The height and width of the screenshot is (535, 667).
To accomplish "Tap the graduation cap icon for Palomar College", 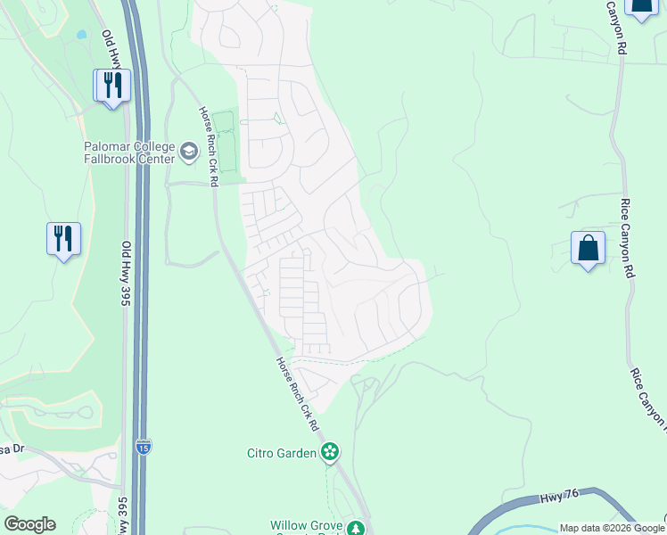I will (x=188, y=152).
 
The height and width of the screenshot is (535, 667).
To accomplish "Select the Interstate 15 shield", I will (x=144, y=446).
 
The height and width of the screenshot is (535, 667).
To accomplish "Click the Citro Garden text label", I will (x=282, y=453).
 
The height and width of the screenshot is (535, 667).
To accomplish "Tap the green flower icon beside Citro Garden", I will (x=330, y=452).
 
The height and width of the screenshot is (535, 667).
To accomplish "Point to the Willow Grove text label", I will (x=307, y=527).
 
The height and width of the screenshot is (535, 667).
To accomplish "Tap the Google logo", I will (x=29, y=524).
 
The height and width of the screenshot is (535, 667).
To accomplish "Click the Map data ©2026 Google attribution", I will (x=612, y=528).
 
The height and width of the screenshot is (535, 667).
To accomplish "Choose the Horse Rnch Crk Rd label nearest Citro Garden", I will (x=297, y=391).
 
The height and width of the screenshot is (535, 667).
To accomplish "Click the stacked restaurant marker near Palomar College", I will (x=113, y=86).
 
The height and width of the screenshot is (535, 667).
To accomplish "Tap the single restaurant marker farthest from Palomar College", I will (x=63, y=240).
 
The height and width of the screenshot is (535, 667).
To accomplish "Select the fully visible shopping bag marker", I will (x=589, y=249).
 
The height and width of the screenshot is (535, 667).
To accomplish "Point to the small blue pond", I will (x=82, y=36).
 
